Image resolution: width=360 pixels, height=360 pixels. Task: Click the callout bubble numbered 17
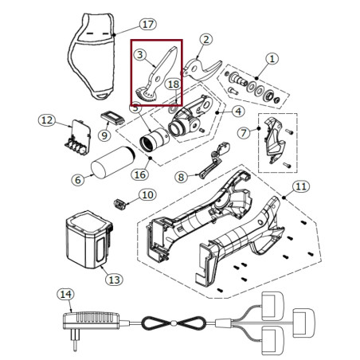[x=148, y=24]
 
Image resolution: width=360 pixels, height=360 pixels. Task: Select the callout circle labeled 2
[x=206, y=40]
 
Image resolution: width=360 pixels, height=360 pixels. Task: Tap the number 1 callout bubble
[x=272, y=59]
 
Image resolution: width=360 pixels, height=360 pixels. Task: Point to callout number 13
[x=115, y=280]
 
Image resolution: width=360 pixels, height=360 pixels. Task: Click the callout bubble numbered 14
[x=65, y=294]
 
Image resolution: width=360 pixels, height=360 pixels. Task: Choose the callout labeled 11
[x=301, y=186]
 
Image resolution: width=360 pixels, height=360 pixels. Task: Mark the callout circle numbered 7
[x=244, y=133]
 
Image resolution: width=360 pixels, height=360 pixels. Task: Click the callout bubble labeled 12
[x=47, y=120]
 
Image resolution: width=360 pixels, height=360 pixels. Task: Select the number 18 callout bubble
[x=174, y=84]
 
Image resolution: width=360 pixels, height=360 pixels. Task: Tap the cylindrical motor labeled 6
[x=113, y=162]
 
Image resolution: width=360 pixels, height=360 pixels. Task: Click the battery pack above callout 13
[x=89, y=240]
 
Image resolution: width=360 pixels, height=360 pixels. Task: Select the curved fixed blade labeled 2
[x=202, y=69]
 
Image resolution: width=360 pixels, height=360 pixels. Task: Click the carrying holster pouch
[x=92, y=56]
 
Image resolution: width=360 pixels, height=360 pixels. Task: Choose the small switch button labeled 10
[x=119, y=205]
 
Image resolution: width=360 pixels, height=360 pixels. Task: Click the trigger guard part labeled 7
[x=274, y=140]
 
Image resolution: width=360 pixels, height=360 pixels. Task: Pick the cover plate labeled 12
[x=78, y=138]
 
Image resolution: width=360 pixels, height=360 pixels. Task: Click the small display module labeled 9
[x=112, y=118]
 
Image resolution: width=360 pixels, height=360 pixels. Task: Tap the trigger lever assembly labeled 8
[x=213, y=161]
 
